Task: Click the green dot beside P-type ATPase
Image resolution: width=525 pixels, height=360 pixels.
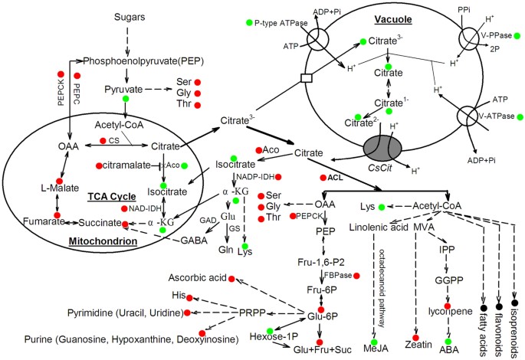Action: click(250, 24)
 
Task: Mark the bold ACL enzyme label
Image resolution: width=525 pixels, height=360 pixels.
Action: click(334, 177)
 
